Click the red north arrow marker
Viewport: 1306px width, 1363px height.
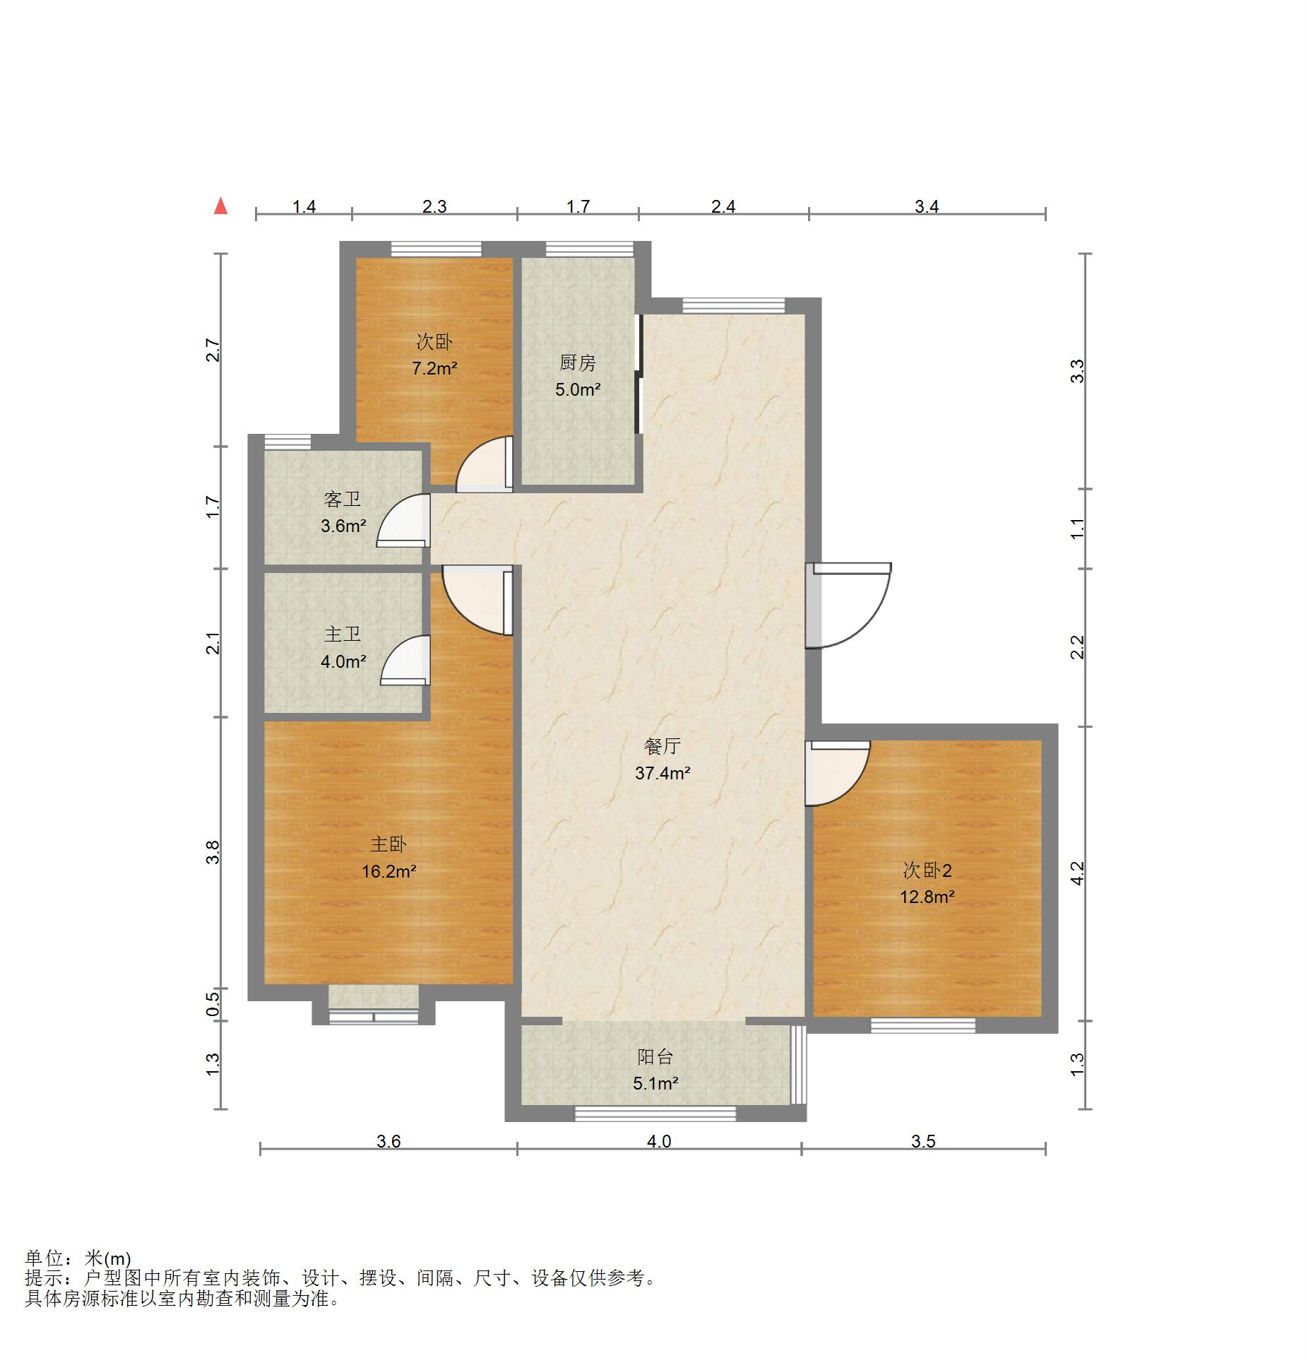221,206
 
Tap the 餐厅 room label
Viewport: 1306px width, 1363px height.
662,746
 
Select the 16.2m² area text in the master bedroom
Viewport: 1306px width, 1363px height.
388,871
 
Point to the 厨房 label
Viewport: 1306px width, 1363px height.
578,363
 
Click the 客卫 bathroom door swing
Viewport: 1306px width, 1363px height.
403,521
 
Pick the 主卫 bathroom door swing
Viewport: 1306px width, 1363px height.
405,661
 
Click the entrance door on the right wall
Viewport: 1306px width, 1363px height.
848,605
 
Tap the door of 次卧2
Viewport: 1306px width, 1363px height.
838,773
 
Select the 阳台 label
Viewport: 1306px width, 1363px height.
655,1056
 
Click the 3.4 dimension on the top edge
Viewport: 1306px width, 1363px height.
927,206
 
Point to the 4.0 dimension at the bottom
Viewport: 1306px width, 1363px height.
659,1141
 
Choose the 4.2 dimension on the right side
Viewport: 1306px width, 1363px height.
1077,873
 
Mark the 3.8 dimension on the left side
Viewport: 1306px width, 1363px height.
213,852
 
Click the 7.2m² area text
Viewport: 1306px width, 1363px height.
434,368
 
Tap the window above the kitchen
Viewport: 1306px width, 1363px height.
590,249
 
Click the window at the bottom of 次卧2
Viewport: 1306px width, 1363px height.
922,1025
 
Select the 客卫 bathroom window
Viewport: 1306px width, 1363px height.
287,442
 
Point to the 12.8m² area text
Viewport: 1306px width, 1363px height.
927,897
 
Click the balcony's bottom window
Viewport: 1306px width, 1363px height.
655,1114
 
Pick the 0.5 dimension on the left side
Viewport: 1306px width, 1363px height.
213,1004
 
